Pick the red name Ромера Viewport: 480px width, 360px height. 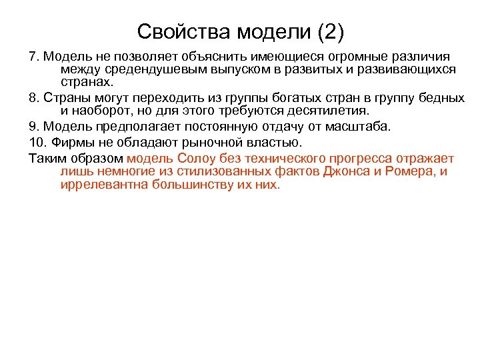click(x=411, y=171)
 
